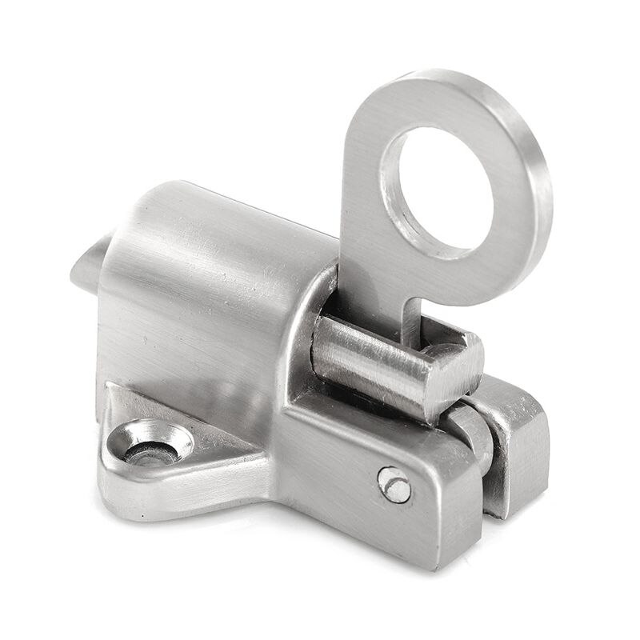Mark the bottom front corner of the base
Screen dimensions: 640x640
(x=436, y=560)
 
